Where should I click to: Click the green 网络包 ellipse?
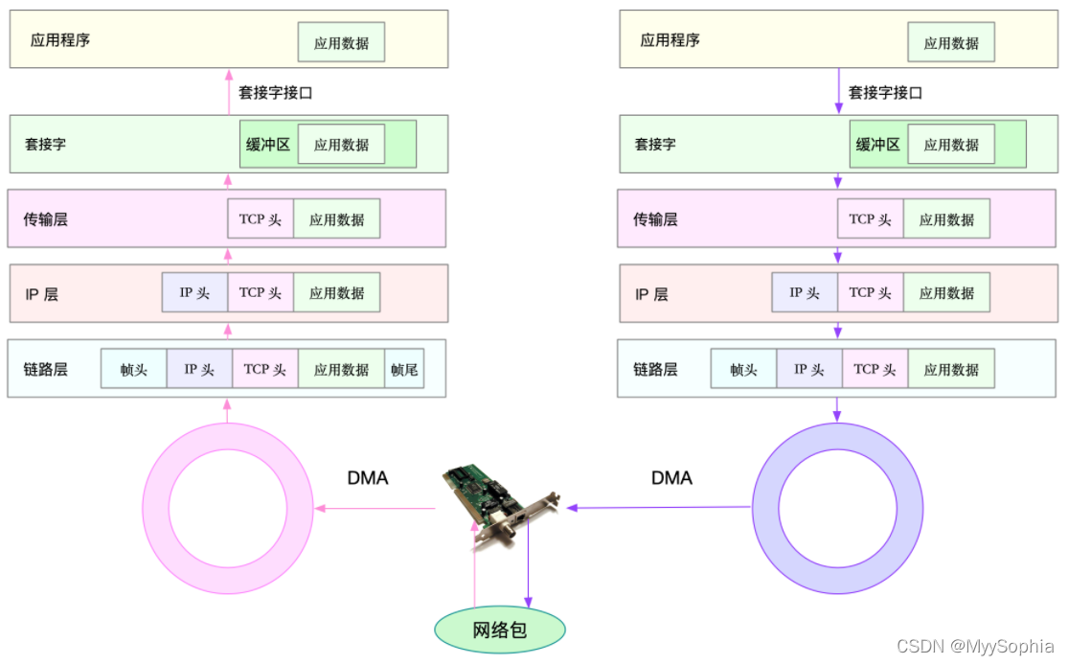(x=500, y=630)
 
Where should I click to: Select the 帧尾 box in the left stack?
(x=404, y=369)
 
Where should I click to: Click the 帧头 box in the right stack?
(x=743, y=369)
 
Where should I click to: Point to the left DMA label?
(x=368, y=477)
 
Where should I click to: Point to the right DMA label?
(x=671, y=477)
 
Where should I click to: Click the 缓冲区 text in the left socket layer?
(x=268, y=145)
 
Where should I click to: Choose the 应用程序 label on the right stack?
(x=670, y=40)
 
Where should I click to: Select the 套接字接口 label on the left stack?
(x=276, y=93)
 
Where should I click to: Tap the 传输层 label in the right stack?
(x=655, y=219)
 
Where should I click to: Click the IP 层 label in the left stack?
(x=41, y=294)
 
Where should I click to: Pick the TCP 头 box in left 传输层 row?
(x=261, y=219)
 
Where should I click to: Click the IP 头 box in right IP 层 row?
(x=805, y=293)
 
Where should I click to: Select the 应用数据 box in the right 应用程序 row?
(x=951, y=43)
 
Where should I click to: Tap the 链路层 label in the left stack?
(x=46, y=369)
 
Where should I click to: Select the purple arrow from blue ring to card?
(x=661, y=508)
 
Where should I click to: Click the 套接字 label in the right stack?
(x=655, y=145)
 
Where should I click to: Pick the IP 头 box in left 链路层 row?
(x=199, y=369)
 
